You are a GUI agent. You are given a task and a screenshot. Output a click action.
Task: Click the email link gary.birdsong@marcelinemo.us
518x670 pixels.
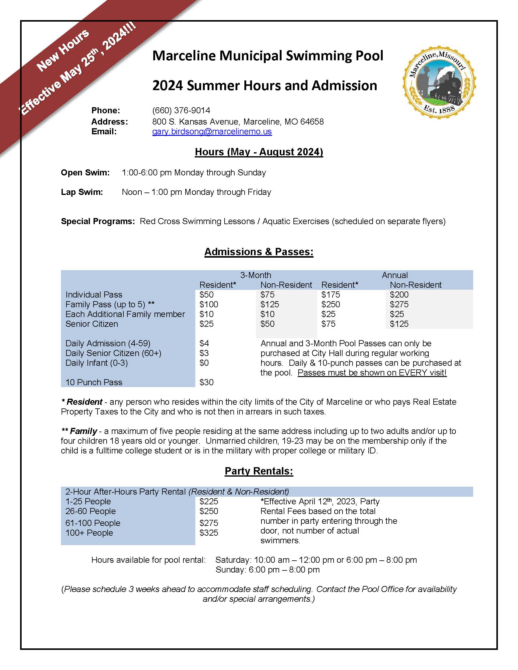(212, 132)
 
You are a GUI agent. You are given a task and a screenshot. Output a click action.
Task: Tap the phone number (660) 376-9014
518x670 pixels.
(181, 111)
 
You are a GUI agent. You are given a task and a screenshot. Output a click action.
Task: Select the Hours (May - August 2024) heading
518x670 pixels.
(259, 152)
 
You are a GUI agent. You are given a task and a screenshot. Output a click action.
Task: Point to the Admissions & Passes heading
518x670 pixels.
(259, 252)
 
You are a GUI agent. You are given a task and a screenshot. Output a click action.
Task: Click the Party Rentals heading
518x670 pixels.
(259, 471)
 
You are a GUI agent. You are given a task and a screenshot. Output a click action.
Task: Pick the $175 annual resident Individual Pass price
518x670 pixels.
(331, 295)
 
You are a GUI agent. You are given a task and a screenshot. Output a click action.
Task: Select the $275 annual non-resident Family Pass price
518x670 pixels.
(399, 305)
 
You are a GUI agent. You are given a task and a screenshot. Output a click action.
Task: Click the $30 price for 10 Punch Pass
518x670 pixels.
(206, 383)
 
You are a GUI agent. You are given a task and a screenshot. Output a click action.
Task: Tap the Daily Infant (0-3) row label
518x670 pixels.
(96, 363)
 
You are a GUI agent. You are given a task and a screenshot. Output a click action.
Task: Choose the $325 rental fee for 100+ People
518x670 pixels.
(209, 533)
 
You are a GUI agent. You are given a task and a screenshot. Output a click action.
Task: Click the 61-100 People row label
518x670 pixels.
(93, 523)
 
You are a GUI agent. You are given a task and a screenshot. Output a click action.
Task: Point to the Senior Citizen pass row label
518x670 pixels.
(91, 324)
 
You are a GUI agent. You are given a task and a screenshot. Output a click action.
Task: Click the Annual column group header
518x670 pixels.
(395, 275)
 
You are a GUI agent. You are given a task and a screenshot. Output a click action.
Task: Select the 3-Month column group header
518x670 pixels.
(256, 275)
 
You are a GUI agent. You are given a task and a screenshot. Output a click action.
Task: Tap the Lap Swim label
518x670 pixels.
(82, 192)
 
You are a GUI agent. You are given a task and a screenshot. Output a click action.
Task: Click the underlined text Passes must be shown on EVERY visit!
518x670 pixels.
(372, 373)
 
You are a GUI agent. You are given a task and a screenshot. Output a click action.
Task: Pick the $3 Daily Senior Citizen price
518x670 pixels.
(204, 353)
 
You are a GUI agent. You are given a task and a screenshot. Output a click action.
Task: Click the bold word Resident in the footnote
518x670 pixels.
(84, 402)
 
